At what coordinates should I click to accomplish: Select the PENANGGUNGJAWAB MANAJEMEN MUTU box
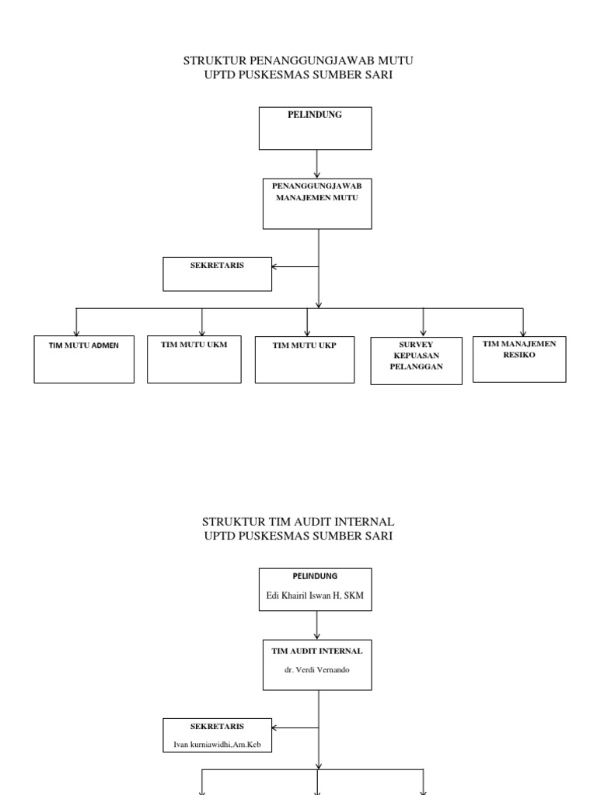[317, 203]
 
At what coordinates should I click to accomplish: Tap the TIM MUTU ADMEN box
[83, 359]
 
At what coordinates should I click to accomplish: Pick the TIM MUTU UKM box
[194, 359]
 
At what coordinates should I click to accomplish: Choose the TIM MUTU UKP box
[304, 359]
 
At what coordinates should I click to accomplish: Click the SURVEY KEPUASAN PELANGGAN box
[416, 360]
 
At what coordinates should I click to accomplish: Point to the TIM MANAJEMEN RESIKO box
[519, 359]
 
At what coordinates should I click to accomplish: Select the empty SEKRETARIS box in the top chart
[218, 274]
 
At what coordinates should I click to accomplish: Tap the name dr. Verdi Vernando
[316, 669]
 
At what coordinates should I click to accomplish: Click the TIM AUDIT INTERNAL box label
[316, 651]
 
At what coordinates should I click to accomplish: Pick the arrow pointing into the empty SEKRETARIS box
[295, 266]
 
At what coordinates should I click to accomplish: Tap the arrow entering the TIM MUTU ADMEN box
[76, 321]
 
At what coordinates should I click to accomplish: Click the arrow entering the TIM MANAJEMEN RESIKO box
[522, 321]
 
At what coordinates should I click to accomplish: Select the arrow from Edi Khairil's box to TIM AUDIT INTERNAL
[317, 625]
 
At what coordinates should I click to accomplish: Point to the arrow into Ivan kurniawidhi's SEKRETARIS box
[295, 727]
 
